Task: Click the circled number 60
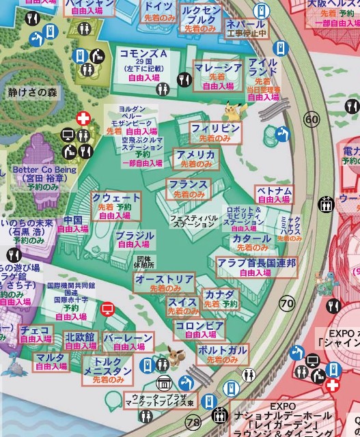click(312, 120)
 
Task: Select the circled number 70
click(287, 303)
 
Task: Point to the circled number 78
click(193, 423)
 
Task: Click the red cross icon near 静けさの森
click(83, 119)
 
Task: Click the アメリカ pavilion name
click(196, 155)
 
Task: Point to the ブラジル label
click(135, 236)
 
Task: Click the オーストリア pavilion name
click(164, 279)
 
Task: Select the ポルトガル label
click(223, 350)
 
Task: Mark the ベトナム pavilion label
click(274, 191)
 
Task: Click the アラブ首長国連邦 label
click(256, 263)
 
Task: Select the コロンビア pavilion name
click(199, 326)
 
